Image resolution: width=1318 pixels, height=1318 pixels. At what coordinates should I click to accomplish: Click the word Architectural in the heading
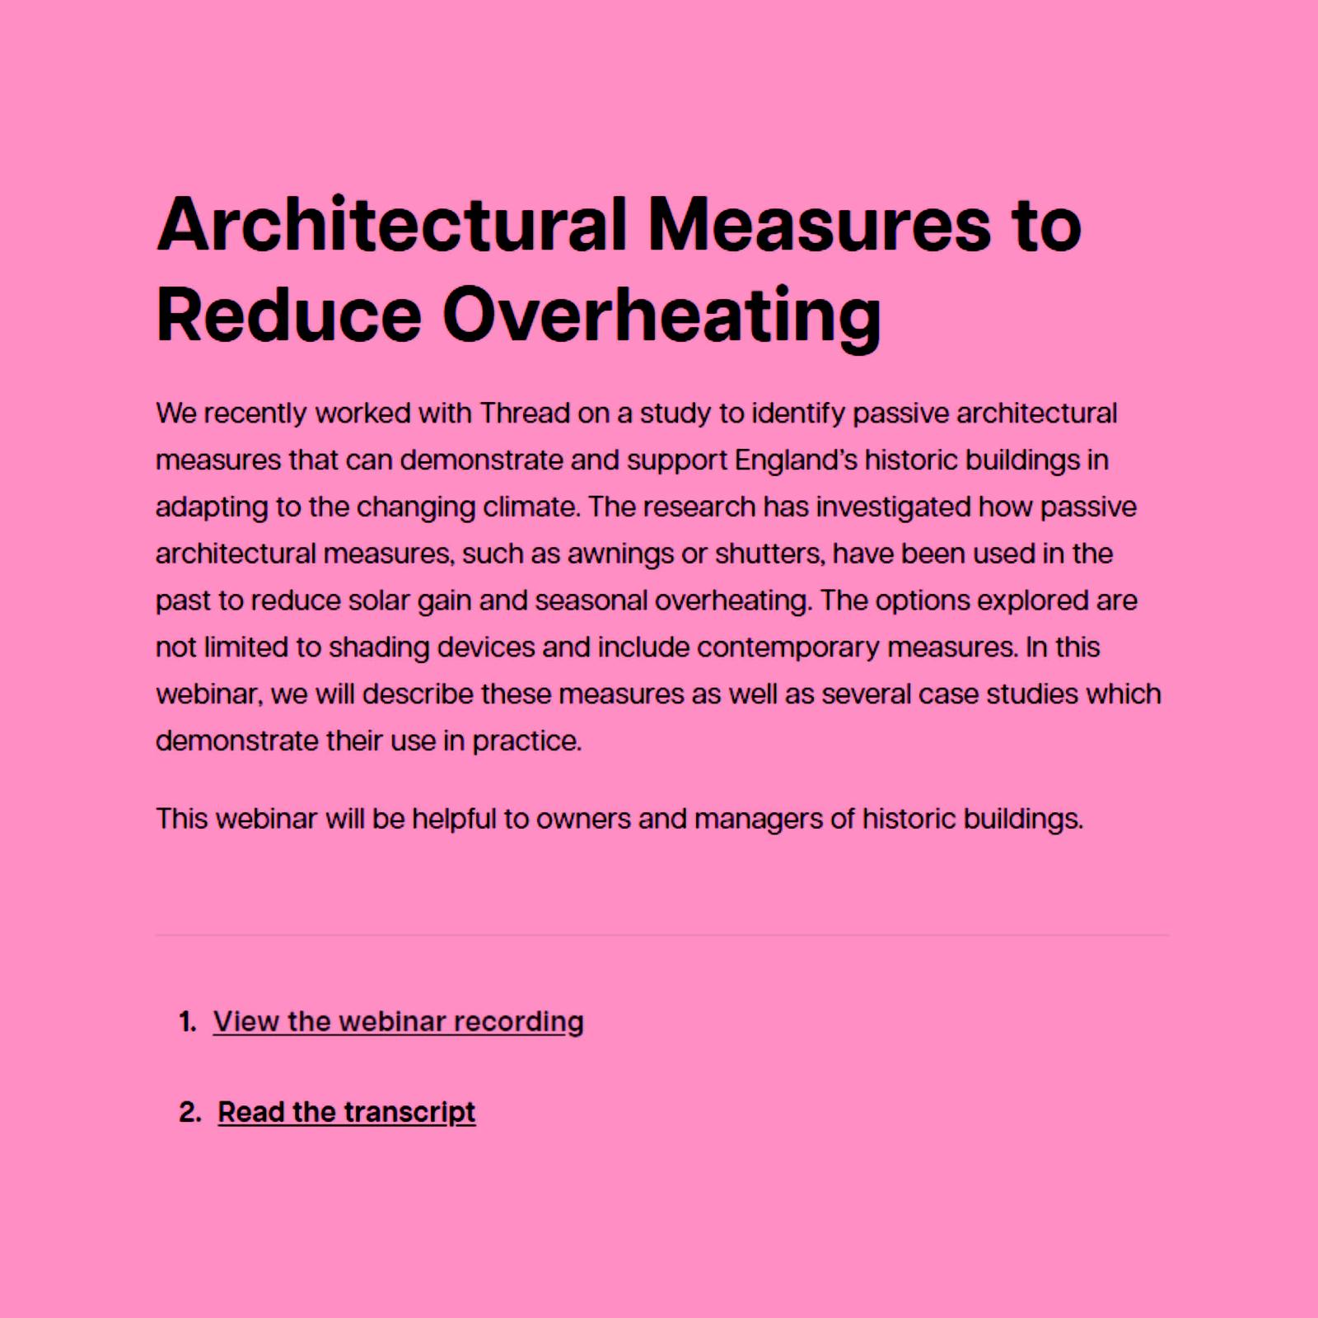point(392,224)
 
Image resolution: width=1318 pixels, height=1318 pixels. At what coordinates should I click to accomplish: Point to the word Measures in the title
point(820,224)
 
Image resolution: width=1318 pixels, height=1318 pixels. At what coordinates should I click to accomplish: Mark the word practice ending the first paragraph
point(526,741)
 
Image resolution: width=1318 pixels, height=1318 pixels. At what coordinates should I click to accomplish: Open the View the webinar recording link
point(398,1021)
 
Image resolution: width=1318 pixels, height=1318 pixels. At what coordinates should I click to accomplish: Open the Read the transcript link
point(346,1112)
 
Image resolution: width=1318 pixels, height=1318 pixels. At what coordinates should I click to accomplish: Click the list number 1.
point(187,1022)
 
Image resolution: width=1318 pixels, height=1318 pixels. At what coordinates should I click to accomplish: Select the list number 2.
point(189,1112)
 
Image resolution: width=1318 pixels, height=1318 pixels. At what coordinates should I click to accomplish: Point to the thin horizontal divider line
point(661,936)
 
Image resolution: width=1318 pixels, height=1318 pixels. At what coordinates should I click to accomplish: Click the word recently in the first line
point(255,413)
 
